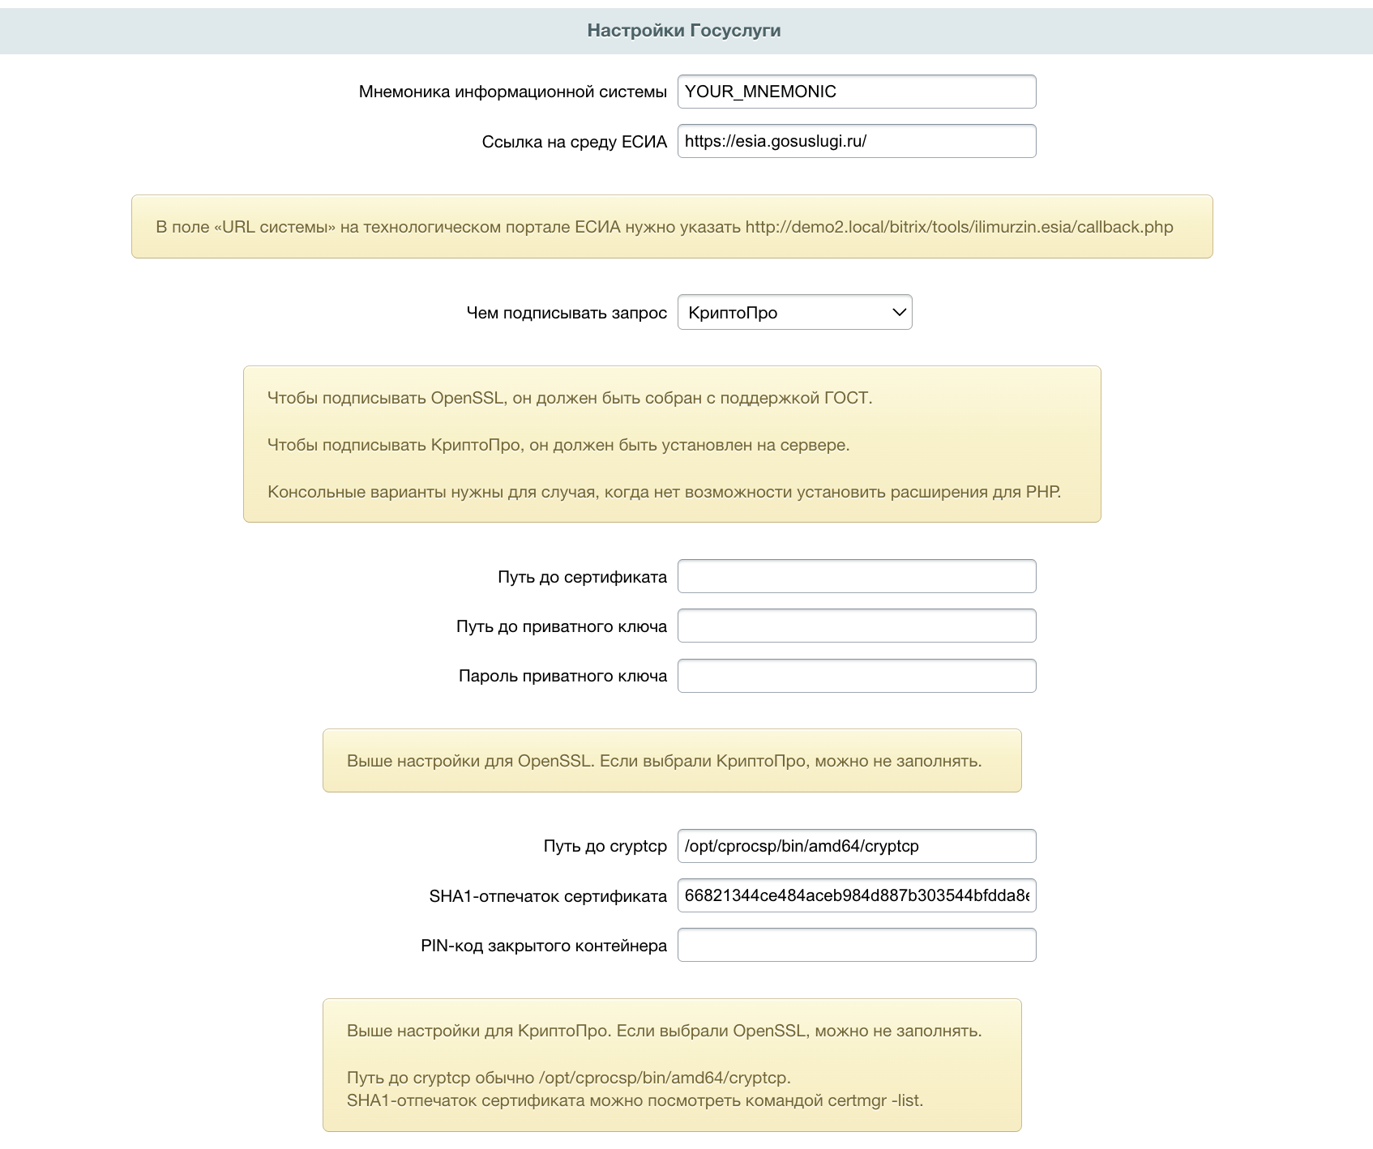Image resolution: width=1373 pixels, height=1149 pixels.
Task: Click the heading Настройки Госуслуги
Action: tap(683, 31)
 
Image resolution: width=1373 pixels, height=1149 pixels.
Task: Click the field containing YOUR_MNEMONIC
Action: tap(856, 92)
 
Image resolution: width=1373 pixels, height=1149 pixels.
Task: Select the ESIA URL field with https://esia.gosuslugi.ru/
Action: tap(856, 141)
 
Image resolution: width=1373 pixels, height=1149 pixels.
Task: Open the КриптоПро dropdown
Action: tap(793, 313)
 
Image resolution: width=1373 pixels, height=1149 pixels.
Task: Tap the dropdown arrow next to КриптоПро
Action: tap(898, 313)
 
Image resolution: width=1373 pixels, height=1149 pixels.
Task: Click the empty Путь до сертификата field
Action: tap(856, 576)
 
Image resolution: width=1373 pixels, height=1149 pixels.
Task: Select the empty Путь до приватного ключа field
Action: tap(856, 626)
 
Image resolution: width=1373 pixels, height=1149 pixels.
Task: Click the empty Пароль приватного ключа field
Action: tap(856, 676)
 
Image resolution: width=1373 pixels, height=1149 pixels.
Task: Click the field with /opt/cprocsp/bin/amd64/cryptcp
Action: tap(856, 846)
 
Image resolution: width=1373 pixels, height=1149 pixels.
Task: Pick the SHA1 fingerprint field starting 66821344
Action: tap(856, 895)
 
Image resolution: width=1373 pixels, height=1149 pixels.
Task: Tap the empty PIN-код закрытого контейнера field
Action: tap(856, 945)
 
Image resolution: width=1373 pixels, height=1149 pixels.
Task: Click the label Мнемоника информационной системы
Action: tap(512, 92)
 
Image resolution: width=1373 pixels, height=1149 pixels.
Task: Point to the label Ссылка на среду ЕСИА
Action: tap(574, 142)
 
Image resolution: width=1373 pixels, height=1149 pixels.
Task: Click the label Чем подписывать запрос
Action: tap(567, 313)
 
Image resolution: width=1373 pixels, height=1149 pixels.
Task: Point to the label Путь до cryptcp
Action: tap(605, 847)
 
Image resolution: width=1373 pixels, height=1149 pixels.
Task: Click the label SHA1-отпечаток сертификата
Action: tap(548, 896)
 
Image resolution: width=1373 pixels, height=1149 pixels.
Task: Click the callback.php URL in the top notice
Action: tap(959, 227)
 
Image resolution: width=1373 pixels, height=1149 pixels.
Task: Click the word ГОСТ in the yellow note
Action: tap(846, 398)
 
